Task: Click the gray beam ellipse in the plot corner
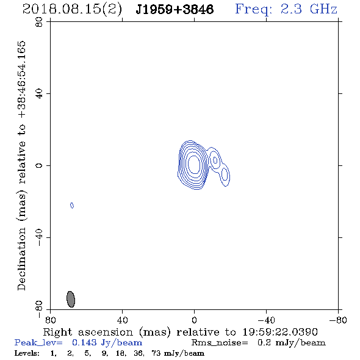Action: pos(71,299)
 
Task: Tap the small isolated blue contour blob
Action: pos(72,205)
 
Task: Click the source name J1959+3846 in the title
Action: pos(175,10)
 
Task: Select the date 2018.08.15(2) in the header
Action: pos(72,10)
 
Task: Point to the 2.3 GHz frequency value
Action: pos(309,9)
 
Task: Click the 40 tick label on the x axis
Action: pos(122,320)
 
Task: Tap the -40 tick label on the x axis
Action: pos(266,320)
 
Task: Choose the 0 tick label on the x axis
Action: pos(194,320)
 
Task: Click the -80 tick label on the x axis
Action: pos(338,320)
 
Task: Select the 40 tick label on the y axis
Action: pos(39,94)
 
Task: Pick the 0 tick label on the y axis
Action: pos(39,165)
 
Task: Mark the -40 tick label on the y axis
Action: pos(39,237)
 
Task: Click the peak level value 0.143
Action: pos(84,342)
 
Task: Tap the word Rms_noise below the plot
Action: pos(220,343)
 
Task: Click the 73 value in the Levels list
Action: pos(156,353)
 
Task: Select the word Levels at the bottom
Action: pos(27,353)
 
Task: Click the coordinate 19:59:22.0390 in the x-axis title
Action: pos(280,332)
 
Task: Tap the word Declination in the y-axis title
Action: pos(21,259)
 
